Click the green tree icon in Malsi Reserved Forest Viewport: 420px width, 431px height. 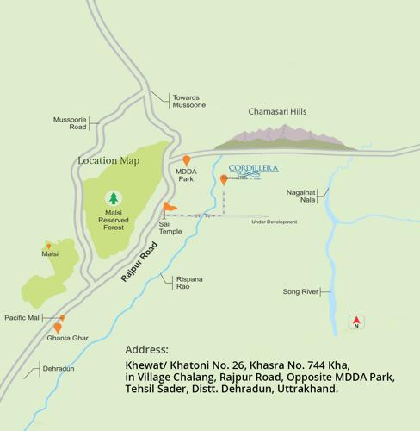113,198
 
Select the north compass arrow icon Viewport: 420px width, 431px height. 356,322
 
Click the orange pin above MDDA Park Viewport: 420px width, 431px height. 186,161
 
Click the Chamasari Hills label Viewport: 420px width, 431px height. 277,112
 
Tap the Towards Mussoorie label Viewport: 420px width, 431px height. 188,101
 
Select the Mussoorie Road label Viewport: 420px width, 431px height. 71,122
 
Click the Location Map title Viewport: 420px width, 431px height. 108,160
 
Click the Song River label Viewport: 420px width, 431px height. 300,292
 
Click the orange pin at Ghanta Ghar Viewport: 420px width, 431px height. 58,328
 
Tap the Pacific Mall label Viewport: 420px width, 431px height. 22,318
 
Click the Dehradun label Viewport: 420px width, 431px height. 59,369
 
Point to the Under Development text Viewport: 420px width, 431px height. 274,222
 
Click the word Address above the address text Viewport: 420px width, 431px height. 147,350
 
